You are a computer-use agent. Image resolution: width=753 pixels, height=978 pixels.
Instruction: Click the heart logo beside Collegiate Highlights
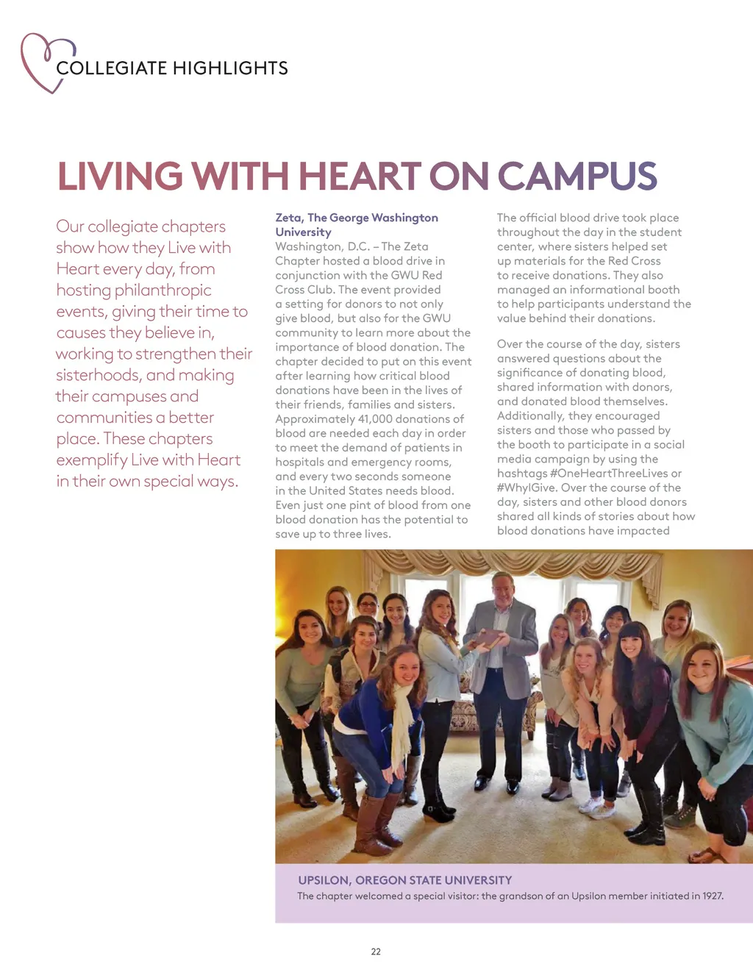coord(46,62)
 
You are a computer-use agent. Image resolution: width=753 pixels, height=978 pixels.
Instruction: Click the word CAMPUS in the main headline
coord(577,176)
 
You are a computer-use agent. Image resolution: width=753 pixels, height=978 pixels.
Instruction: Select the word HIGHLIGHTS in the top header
coord(230,68)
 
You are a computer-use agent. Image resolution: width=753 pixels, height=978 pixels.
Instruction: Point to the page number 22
coord(376,952)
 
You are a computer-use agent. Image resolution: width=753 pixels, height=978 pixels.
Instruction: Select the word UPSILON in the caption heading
coord(323,880)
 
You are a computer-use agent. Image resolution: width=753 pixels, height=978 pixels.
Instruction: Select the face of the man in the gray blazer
coord(503,589)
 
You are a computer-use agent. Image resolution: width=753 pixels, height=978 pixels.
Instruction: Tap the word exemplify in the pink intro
coord(91,460)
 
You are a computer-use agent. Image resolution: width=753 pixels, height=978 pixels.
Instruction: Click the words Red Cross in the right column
coord(634,261)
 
